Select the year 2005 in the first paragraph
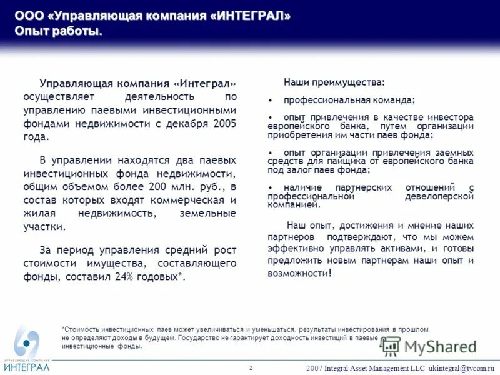coord(224,124)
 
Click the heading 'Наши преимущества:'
coord(334,82)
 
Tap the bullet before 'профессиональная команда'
coord(270,101)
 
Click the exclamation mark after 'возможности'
coord(331,273)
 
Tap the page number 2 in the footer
coord(251,367)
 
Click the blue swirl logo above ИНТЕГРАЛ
coord(26,342)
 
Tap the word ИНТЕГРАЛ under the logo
coord(26,367)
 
